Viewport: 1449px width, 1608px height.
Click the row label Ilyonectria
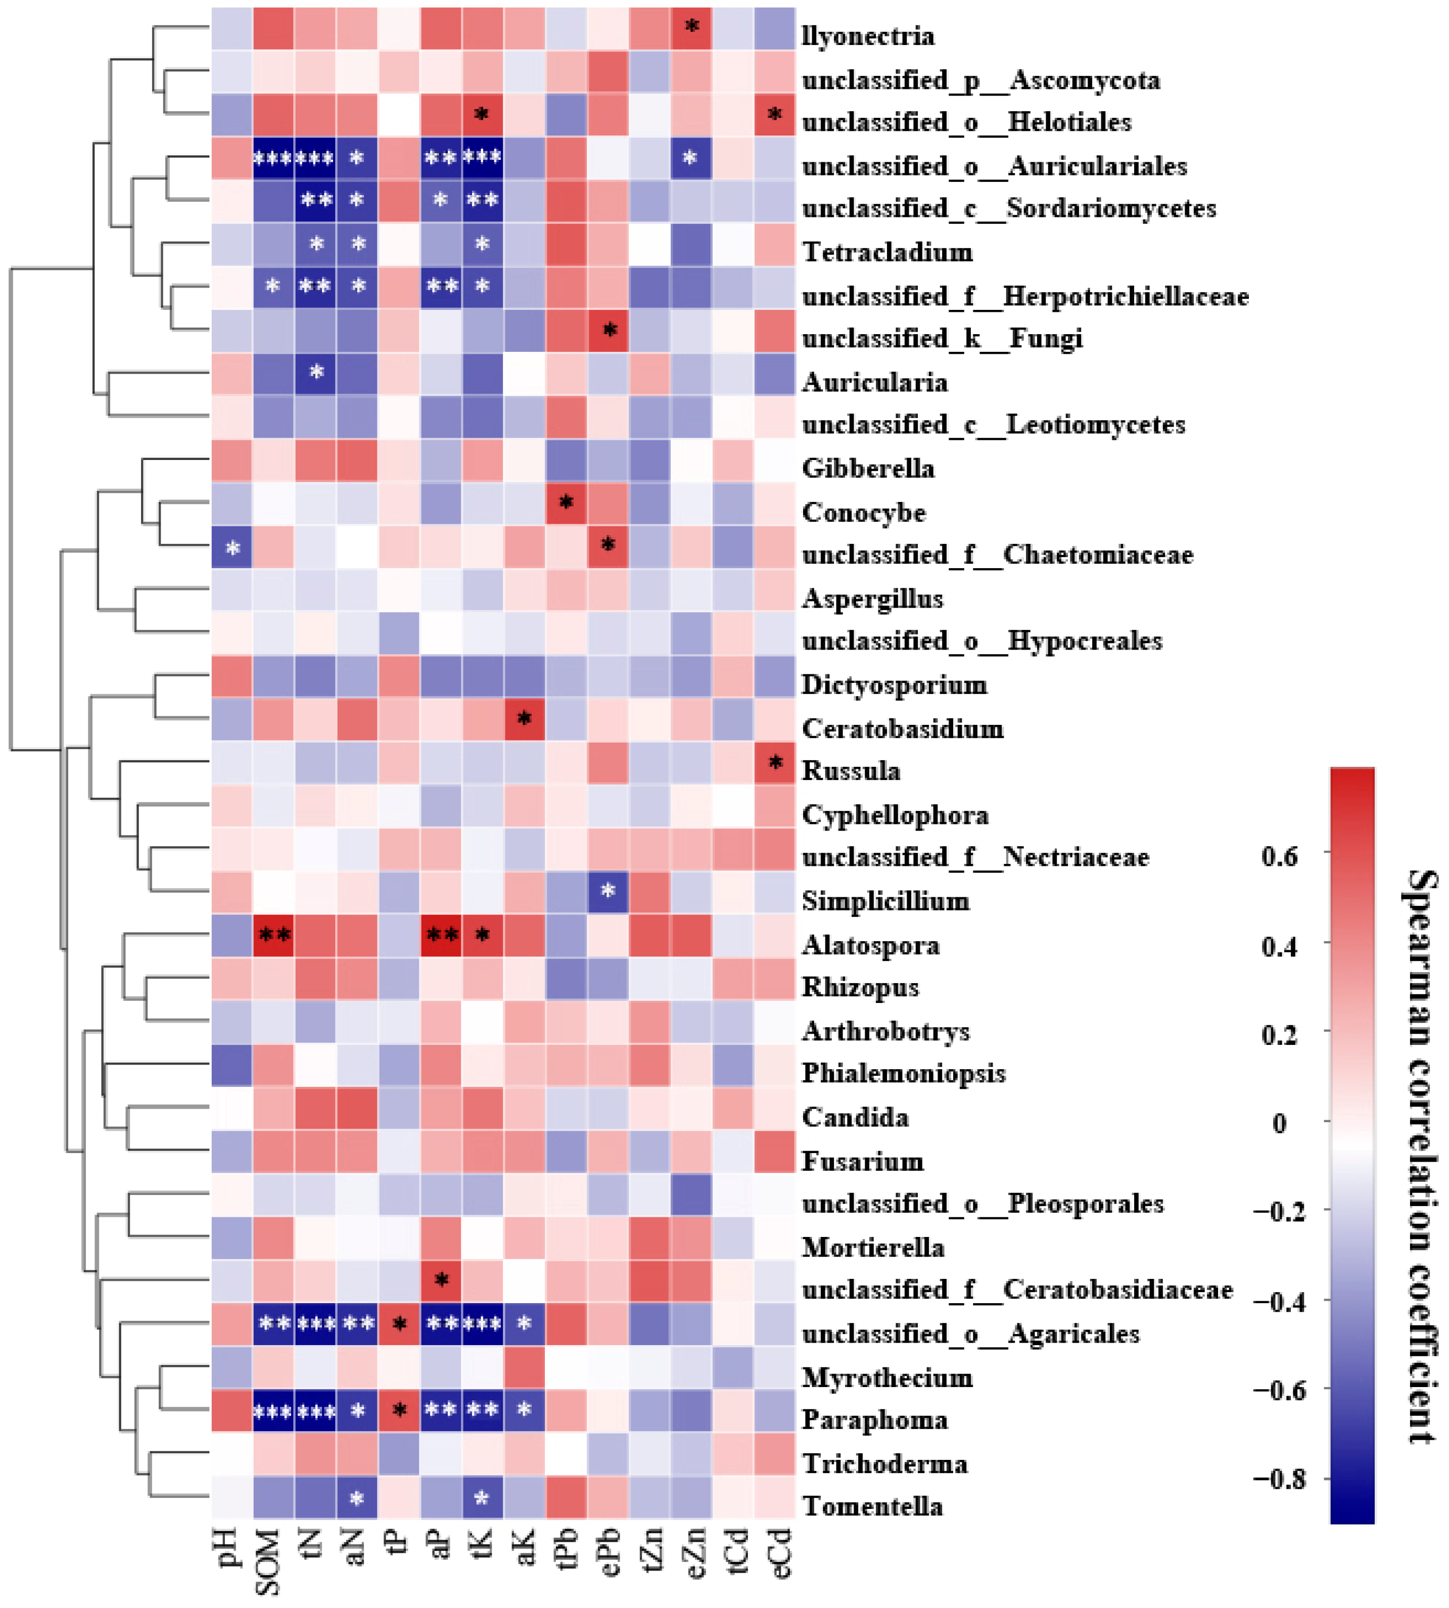868,36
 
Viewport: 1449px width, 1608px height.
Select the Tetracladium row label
887,252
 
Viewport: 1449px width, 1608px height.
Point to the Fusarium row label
862,1161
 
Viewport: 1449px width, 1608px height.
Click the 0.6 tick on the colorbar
1279,856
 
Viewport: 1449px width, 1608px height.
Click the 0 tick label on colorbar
1279,1123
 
